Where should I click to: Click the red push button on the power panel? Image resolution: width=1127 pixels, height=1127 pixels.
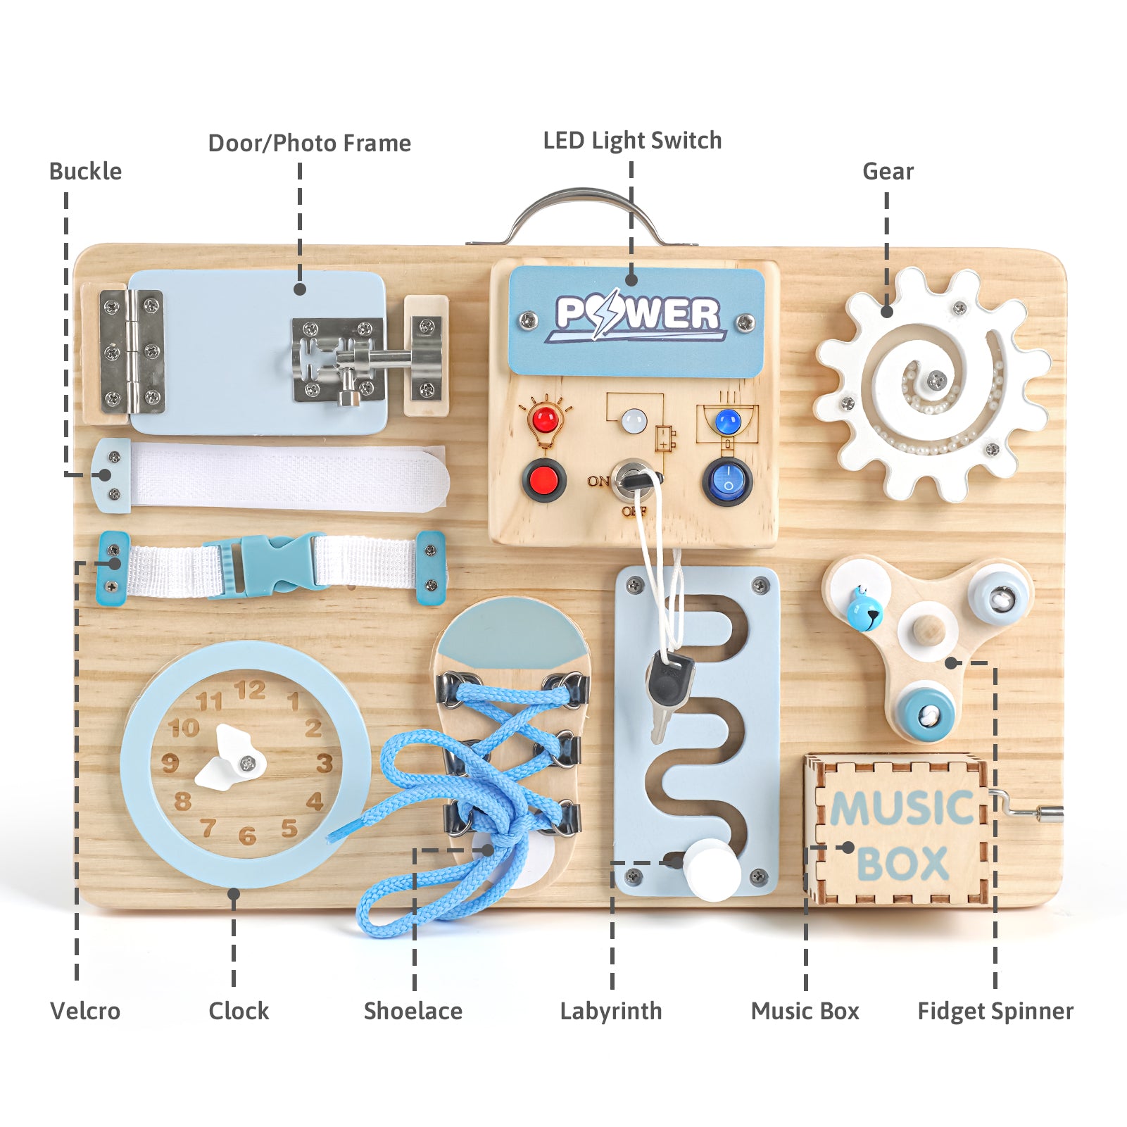pos(543,481)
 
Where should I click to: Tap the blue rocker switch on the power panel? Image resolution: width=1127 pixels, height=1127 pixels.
pos(727,482)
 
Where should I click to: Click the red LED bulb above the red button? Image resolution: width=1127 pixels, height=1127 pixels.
pos(545,421)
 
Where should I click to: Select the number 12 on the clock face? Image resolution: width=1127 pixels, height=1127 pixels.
pos(250,690)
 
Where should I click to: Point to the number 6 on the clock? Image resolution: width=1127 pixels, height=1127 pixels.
pos(246,836)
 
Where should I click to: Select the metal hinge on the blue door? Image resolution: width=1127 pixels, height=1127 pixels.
pos(131,352)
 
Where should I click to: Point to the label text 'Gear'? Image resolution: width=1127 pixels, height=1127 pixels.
pos(888,171)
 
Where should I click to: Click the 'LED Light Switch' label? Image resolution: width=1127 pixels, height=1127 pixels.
pos(632,141)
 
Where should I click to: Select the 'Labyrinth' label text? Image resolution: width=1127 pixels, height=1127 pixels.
pos(611,1011)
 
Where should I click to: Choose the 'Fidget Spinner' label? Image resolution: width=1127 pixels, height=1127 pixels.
pos(995,1011)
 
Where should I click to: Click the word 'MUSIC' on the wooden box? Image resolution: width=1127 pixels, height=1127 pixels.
pos(901,807)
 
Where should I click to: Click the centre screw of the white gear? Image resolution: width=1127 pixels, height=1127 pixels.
pos(936,381)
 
